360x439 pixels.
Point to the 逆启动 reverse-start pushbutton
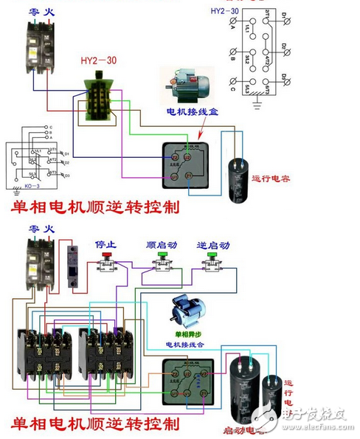214,263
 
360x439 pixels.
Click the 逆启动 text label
212,244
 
